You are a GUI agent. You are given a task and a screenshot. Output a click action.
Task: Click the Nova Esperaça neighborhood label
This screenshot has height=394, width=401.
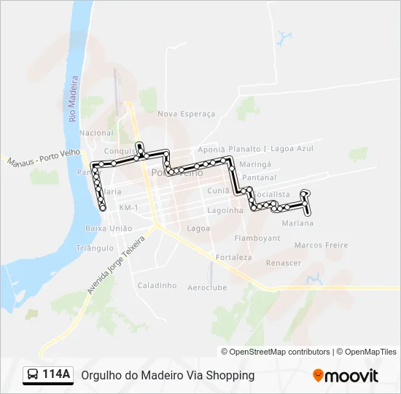187,114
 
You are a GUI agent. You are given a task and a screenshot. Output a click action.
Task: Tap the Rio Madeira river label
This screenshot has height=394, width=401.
73,98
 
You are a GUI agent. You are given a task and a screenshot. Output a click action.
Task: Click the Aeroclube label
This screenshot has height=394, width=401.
207,287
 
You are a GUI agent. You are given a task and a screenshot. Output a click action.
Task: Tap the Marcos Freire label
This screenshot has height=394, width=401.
322,245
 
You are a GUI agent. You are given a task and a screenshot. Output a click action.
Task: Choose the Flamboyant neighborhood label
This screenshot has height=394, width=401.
257,238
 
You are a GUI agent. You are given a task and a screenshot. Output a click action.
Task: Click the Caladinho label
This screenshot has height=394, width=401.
157,285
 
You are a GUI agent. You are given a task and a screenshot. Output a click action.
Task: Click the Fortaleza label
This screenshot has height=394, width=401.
234,257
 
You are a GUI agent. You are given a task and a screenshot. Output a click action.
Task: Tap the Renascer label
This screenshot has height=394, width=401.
284,263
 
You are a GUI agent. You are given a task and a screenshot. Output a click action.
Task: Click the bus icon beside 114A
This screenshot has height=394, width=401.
33,375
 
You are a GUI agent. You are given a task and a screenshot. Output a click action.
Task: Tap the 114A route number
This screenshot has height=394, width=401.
57,375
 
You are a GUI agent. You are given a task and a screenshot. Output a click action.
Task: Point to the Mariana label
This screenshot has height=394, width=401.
297,223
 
